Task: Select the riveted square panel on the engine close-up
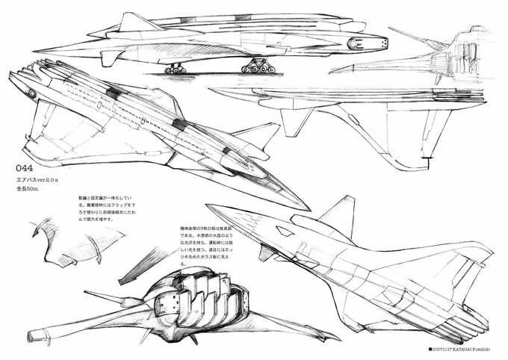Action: [167, 302]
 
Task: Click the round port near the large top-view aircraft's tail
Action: [32, 93]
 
